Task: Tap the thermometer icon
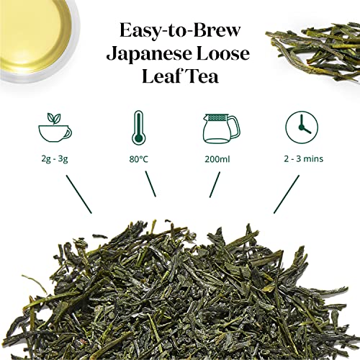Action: coord(140,129)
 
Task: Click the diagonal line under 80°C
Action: coord(148,186)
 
